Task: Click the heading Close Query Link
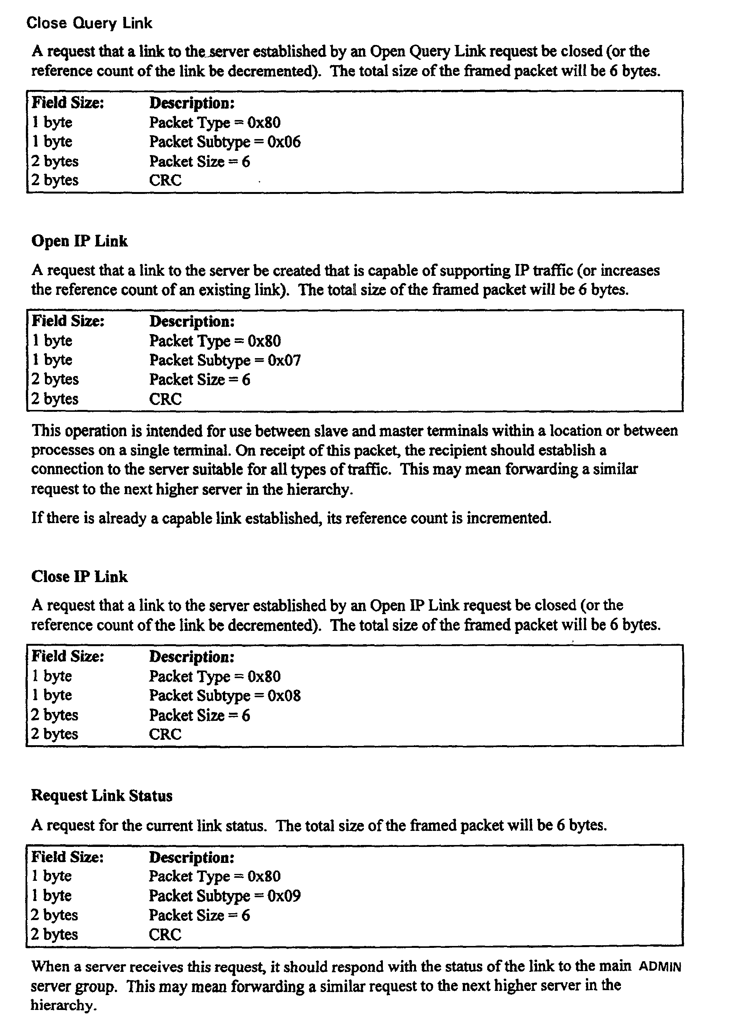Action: click(x=89, y=23)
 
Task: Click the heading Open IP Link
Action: click(x=79, y=241)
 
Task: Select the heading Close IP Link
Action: click(x=79, y=577)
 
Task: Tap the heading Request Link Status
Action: click(x=101, y=795)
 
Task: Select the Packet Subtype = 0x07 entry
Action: click(x=225, y=360)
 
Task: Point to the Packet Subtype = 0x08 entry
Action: click(x=225, y=696)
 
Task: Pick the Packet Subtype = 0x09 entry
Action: click(x=225, y=895)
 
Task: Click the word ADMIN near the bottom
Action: click(x=660, y=967)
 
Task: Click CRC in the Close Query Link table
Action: click(x=165, y=180)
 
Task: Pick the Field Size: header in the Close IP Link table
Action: click(x=67, y=656)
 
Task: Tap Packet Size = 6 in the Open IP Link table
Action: click(x=199, y=379)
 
